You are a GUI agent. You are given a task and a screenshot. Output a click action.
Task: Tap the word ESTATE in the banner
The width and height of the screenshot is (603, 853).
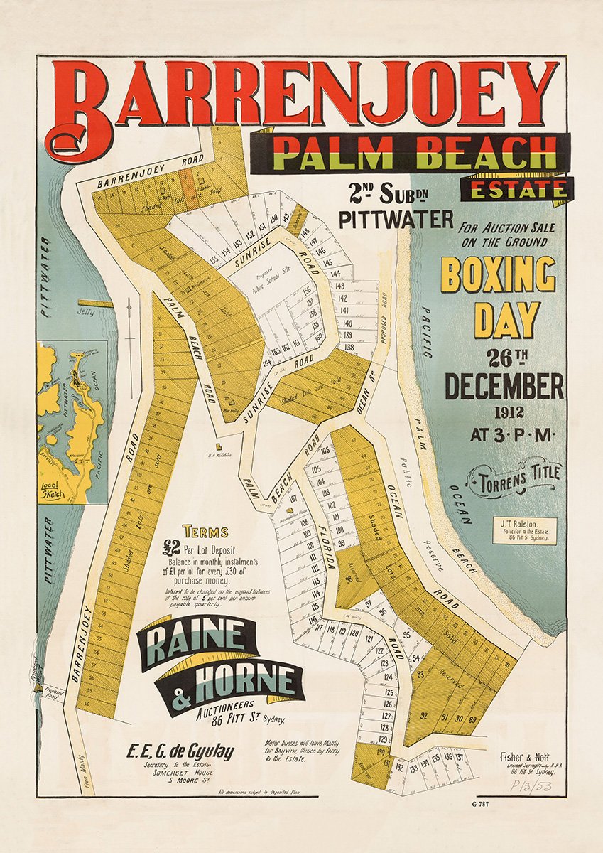(515, 189)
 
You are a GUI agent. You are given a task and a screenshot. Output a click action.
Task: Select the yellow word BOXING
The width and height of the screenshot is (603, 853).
(498, 274)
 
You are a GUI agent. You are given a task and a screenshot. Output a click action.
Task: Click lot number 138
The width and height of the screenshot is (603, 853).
(349, 348)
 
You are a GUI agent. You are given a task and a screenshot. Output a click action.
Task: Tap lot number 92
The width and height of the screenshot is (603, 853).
(425, 716)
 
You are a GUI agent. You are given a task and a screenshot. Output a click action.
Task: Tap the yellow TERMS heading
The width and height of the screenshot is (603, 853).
(205, 531)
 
